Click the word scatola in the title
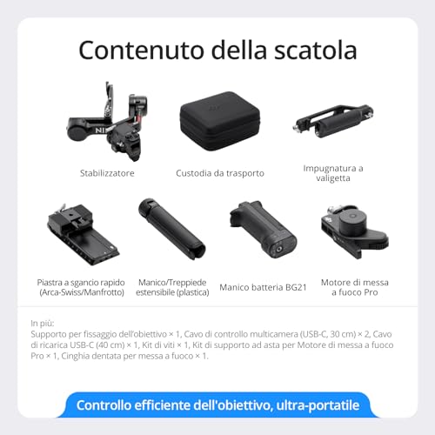311,49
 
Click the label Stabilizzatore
106,173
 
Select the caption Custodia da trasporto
219,173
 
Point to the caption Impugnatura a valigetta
333,172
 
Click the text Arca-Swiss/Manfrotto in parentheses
82,292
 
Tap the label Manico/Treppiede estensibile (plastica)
171,286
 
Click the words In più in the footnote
42,325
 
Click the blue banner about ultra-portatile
217,405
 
